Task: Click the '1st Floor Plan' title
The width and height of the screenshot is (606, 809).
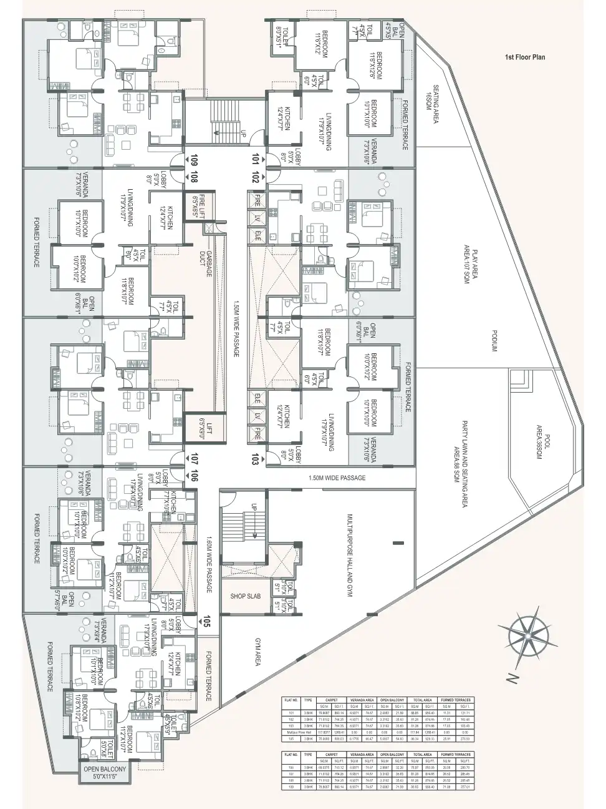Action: tap(525, 57)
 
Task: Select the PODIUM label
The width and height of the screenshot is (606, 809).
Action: tap(493, 341)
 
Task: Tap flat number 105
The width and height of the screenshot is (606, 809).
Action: tap(206, 621)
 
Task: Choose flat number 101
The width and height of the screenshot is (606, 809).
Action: tap(255, 159)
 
